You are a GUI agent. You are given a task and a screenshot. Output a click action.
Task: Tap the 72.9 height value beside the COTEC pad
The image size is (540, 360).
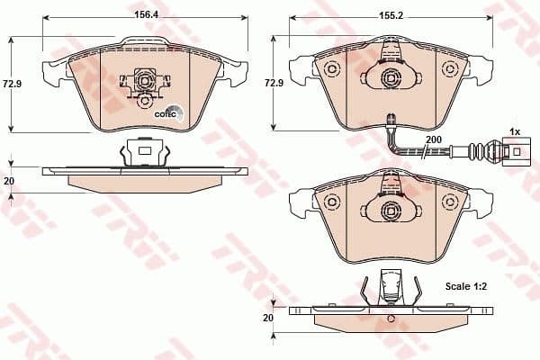(12, 83)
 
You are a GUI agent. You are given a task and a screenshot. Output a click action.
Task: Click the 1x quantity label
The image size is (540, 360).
(515, 131)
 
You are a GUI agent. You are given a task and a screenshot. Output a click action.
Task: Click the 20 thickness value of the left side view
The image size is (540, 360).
(11, 180)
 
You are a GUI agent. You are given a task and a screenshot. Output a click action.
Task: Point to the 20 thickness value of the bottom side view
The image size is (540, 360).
(267, 319)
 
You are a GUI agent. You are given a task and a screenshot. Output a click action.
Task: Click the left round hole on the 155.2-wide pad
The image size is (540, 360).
(330, 70)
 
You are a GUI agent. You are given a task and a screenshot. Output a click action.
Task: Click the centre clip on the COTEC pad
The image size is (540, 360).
(141, 83)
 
